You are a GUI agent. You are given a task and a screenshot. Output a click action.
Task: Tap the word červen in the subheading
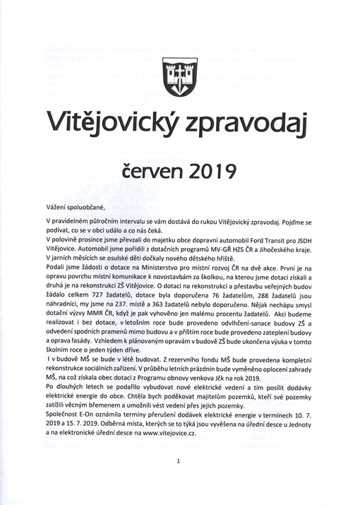click(x=150, y=170)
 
